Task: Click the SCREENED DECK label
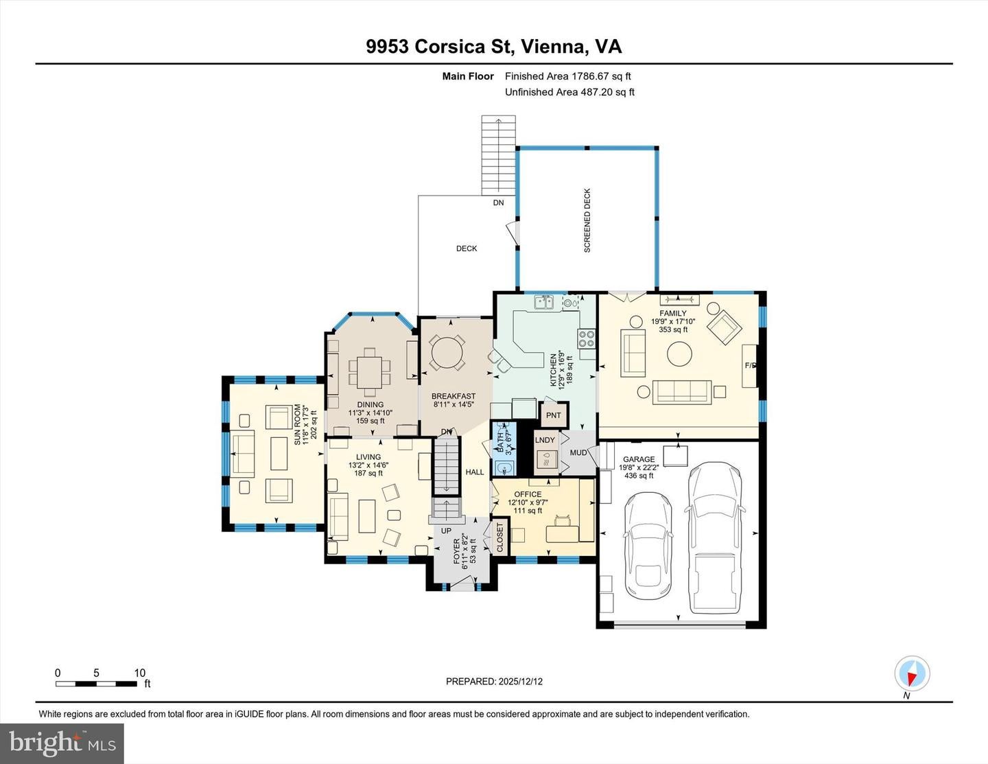(x=587, y=221)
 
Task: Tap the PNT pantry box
(x=554, y=415)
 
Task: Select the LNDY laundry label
(x=545, y=440)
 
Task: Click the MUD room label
(x=578, y=453)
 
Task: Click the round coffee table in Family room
(x=679, y=355)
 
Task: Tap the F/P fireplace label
(x=751, y=366)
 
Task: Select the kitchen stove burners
(x=587, y=338)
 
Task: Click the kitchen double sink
(x=545, y=302)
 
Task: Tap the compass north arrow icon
(x=912, y=674)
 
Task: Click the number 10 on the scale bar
(x=139, y=673)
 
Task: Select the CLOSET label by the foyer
(x=499, y=537)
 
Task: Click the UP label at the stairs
(x=446, y=531)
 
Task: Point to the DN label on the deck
(x=498, y=202)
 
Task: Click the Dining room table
(x=370, y=373)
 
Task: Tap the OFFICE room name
(x=528, y=494)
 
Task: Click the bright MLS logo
(x=62, y=743)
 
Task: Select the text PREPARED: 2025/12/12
(x=494, y=682)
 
